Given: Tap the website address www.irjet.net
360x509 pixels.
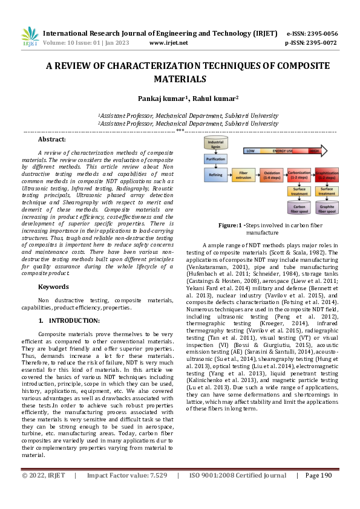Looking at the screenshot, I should coord(168,43).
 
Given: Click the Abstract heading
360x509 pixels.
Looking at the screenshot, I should coord(52,140).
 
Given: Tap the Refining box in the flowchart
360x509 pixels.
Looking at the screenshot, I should coord(215,175).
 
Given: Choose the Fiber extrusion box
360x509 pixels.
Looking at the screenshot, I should coord(243,175).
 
